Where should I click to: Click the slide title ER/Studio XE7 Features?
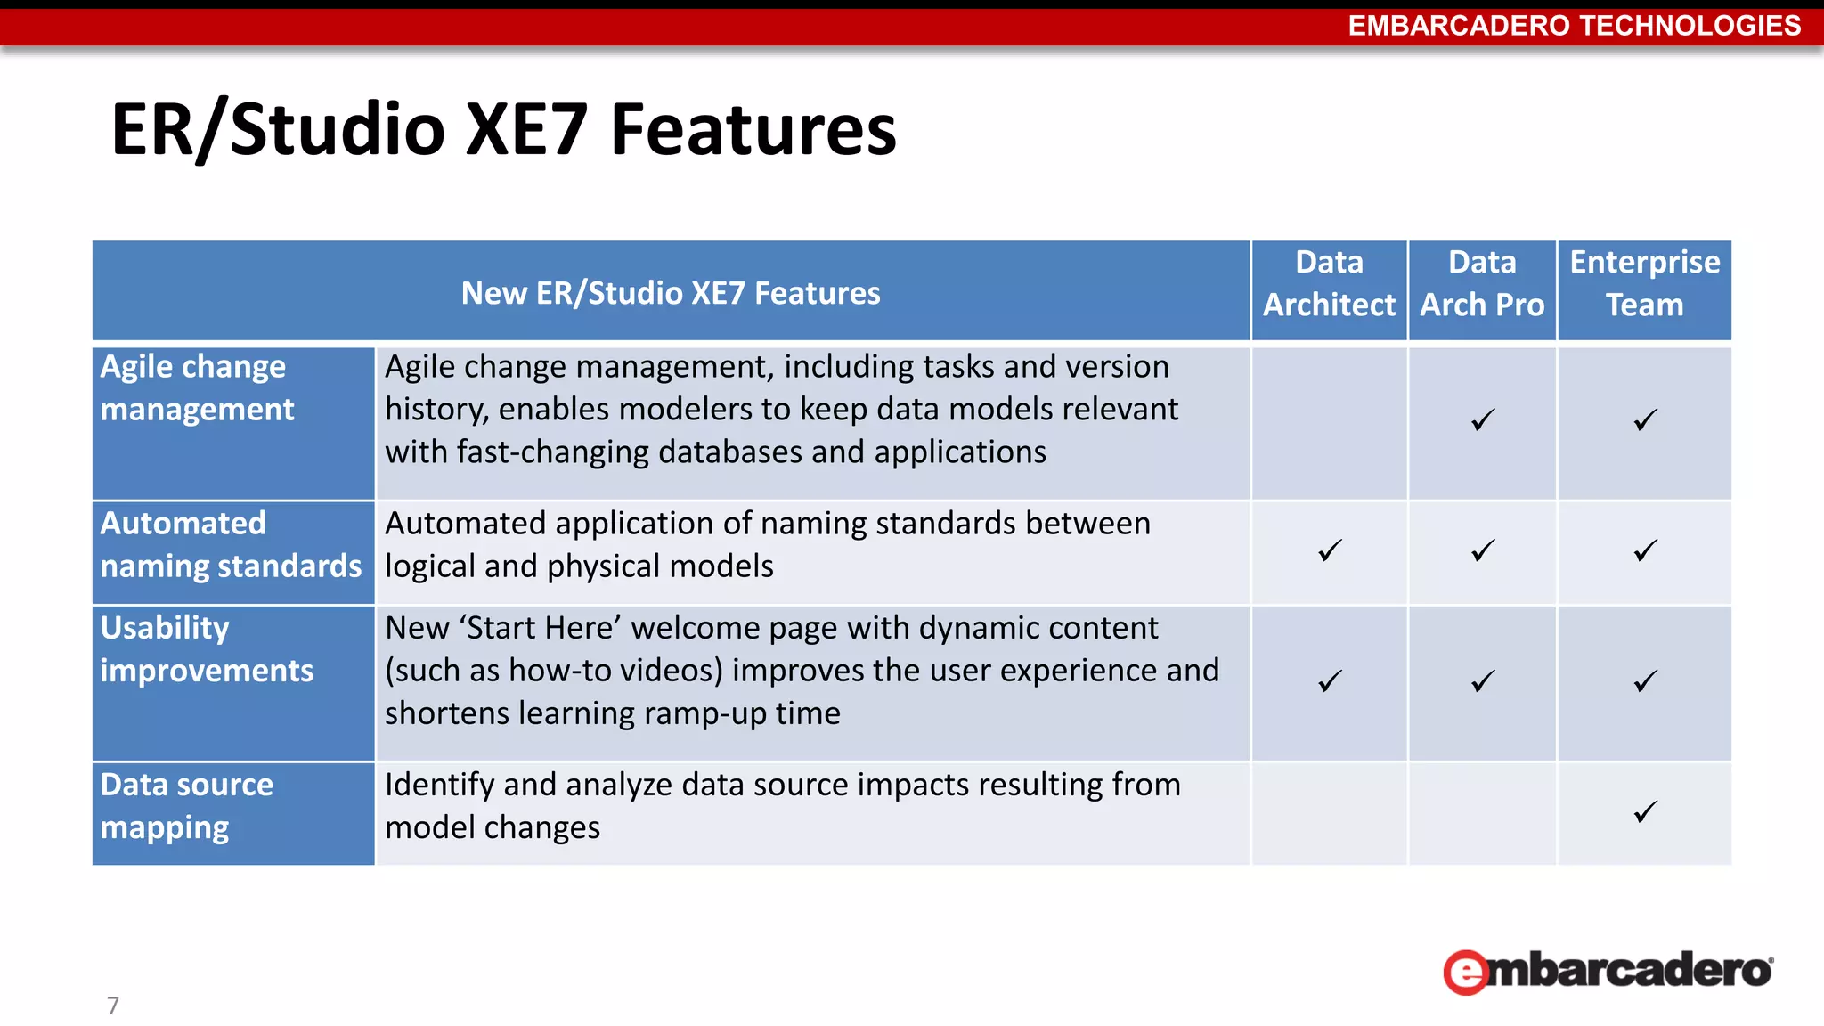503,130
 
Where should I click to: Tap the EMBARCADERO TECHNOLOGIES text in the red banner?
1574,26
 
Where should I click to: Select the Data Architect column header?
1329,284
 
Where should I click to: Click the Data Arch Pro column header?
1482,284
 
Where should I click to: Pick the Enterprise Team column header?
1644,284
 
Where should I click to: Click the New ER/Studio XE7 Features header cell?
671,293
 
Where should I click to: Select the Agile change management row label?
197,388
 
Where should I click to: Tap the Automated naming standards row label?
231,545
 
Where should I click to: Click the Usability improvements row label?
207,649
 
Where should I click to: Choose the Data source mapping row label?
187,806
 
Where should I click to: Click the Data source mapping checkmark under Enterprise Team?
1645,811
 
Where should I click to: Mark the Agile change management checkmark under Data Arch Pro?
1483,419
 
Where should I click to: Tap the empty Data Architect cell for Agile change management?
1329,422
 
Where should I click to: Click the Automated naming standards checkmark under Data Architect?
1330,550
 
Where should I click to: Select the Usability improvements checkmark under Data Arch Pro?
1483,681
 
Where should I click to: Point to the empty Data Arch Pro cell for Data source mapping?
1482,813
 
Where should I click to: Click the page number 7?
113,1006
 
